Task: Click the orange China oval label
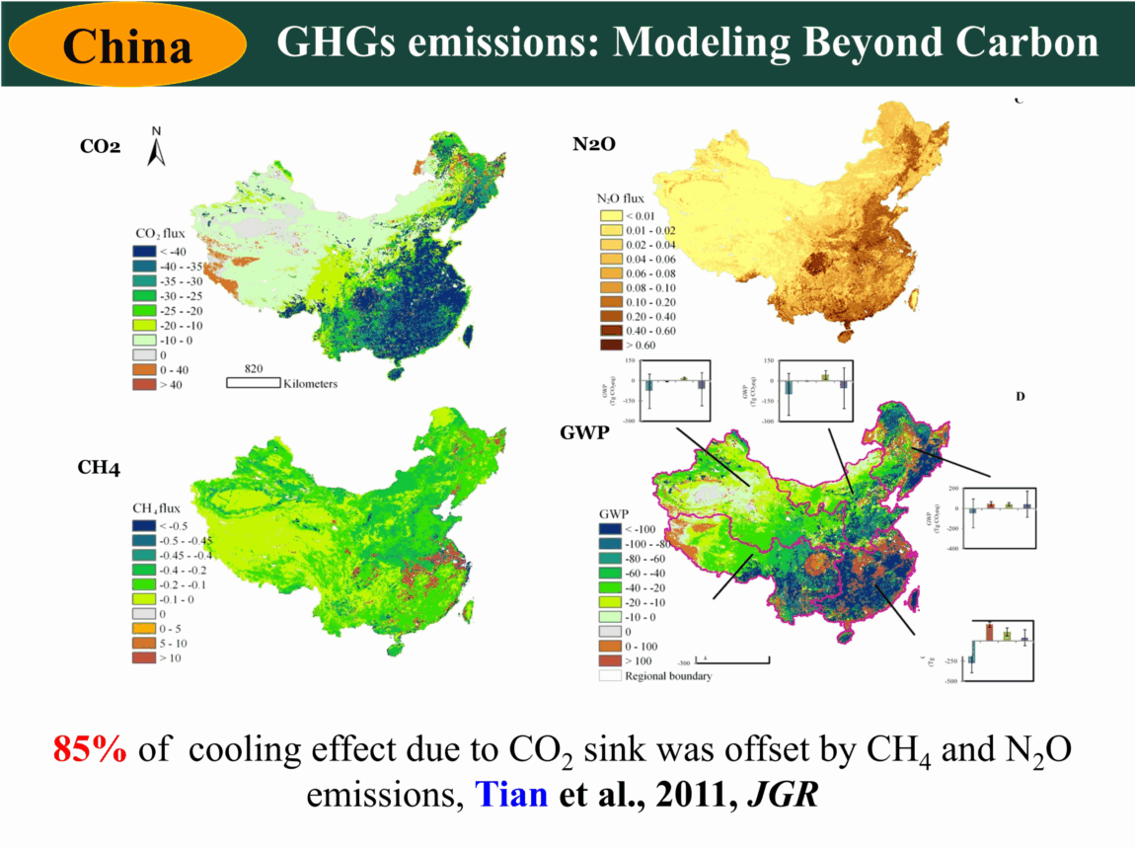coord(127,45)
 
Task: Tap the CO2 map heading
coord(100,147)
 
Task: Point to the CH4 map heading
coord(100,467)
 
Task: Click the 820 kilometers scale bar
coord(253,382)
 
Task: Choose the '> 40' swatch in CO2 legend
coord(145,384)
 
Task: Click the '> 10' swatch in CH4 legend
coord(145,657)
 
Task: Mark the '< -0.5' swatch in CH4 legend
coord(145,525)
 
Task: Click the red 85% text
coord(90,750)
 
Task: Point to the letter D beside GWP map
coord(1021,396)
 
